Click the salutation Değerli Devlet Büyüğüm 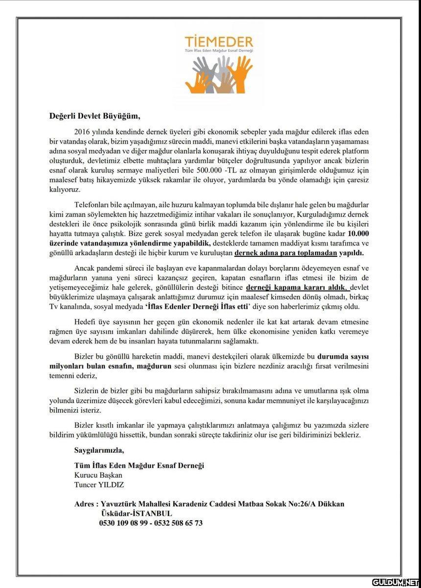point(94,116)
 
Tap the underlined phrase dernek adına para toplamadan point(286,253)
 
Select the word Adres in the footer point(84,504)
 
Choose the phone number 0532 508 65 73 point(178,523)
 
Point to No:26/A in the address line point(306,504)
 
